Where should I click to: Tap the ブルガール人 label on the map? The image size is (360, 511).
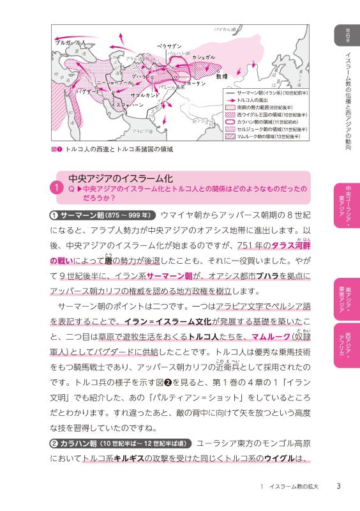(x=70, y=42)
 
